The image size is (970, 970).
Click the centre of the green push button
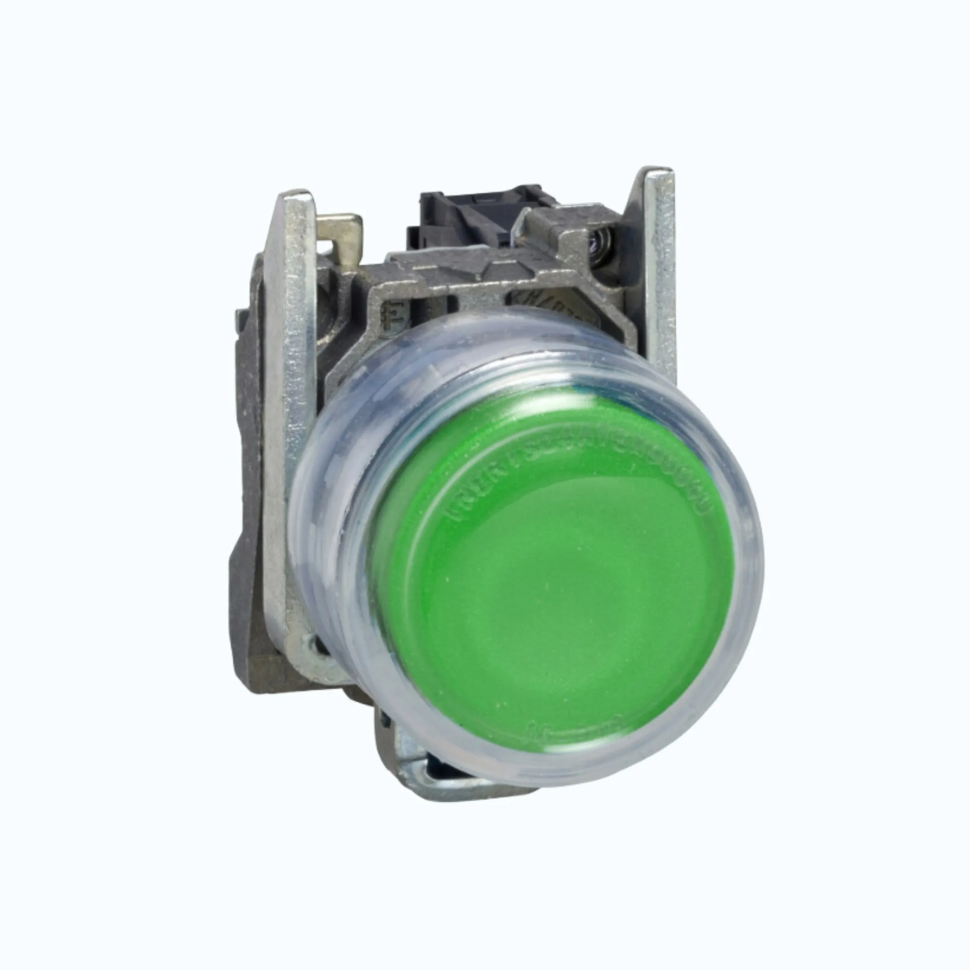[x=557, y=578]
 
